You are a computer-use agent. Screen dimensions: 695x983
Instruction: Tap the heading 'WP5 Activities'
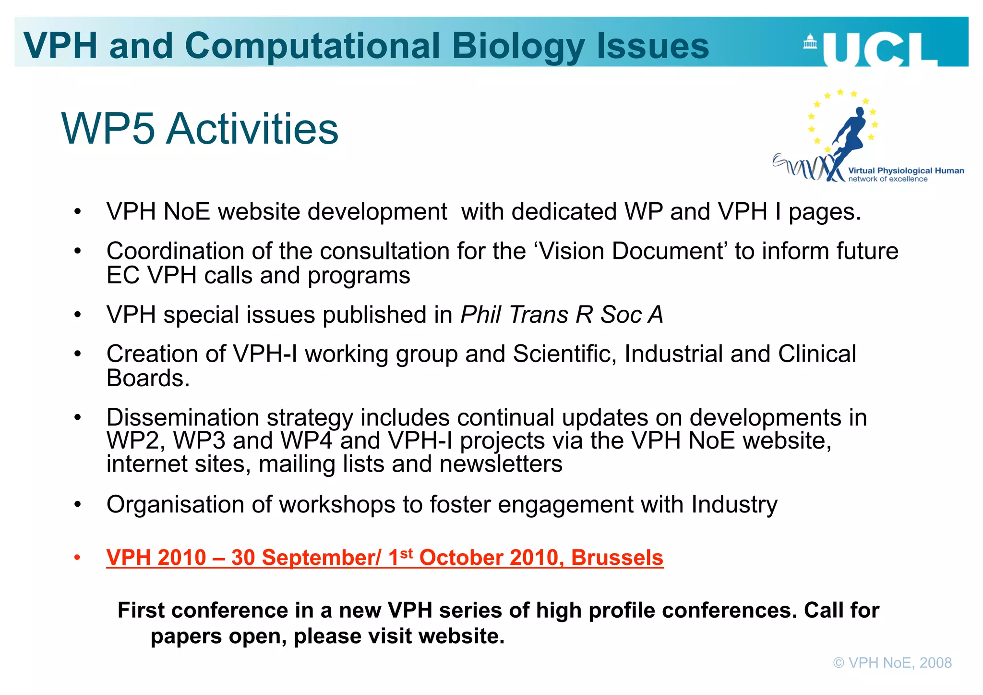tap(200, 129)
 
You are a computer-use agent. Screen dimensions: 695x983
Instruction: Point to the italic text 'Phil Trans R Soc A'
tap(562, 315)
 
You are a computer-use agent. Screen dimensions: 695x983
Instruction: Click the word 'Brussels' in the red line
tap(617, 558)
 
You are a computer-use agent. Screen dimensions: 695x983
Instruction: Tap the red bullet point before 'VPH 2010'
tap(77, 558)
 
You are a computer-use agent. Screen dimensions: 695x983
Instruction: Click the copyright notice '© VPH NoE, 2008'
tap(892, 663)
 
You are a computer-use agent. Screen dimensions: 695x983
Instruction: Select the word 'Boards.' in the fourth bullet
tap(148, 378)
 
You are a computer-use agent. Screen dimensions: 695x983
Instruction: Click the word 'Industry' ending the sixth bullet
tap(734, 505)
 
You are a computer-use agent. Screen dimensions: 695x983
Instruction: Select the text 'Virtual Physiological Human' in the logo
tap(906, 171)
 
